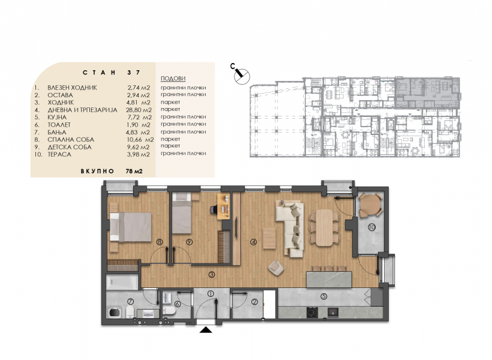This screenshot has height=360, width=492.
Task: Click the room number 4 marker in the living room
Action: pyautogui.click(x=253, y=242)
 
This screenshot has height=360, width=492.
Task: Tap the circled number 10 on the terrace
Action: pyautogui.click(x=371, y=227)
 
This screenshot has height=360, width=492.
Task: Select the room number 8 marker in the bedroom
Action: pyautogui.click(x=160, y=242)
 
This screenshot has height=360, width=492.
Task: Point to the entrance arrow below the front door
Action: pyautogui.click(x=206, y=329)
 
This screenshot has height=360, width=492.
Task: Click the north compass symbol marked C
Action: pyautogui.click(x=242, y=76)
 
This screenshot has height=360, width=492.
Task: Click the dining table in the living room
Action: pyautogui.click(x=324, y=227)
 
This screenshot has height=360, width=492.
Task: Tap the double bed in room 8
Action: pyautogui.click(x=130, y=227)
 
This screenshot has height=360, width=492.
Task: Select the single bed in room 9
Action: pyautogui.click(x=182, y=213)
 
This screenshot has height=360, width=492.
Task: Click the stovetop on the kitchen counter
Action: pyautogui.click(x=312, y=312)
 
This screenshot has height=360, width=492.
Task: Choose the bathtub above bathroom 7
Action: pyautogui.click(x=122, y=282)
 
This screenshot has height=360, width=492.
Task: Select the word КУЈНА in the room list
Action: pyautogui.click(x=57, y=117)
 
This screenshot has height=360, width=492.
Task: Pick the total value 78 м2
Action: pyautogui.click(x=134, y=171)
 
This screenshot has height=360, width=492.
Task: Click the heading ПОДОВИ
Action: pyautogui.click(x=173, y=79)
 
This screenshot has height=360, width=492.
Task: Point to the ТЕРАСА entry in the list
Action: pyautogui.click(x=59, y=154)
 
